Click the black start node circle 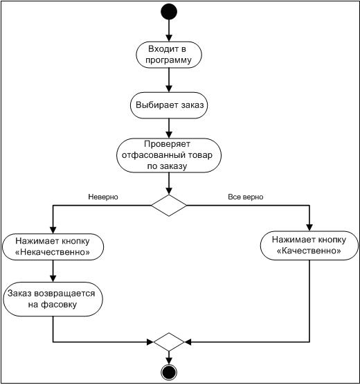(169, 12)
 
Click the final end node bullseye (169, 373)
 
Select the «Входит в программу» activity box (169, 55)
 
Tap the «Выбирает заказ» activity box (169, 105)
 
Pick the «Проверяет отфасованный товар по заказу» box (169, 155)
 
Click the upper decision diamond (169, 205)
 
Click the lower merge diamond (169, 342)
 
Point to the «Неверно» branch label (103, 197)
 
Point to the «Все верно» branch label (246, 197)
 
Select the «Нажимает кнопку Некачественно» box (53, 247)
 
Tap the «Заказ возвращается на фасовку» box (53, 299)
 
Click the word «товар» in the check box (200, 155)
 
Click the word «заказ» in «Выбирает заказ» (192, 105)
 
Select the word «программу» (168, 60)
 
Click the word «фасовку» (59, 305)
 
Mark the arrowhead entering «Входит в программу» (169, 38)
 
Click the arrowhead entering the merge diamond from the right (188, 342)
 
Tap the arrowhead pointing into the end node (169, 361)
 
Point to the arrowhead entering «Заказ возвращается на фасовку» (53, 278)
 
